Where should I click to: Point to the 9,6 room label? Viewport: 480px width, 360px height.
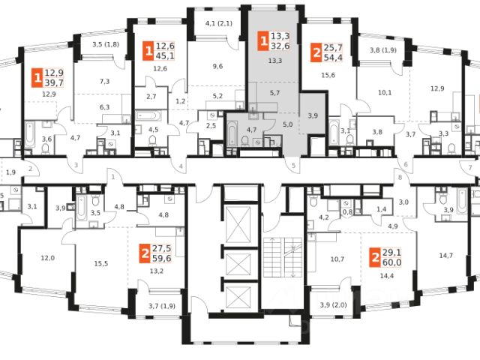[217, 66]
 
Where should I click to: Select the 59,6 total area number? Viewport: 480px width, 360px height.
[163, 259]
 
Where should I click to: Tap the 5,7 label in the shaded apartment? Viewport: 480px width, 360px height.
[274, 92]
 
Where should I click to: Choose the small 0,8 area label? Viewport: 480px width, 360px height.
[348, 212]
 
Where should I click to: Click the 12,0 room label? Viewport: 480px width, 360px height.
[48, 258]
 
